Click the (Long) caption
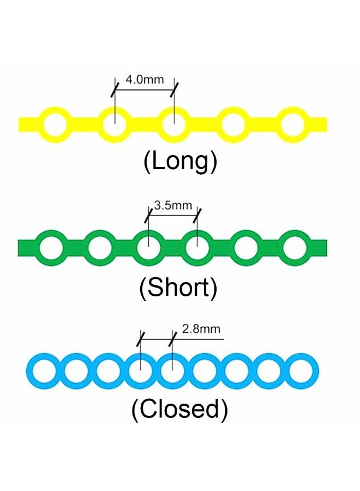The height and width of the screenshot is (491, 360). pyautogui.click(x=180, y=161)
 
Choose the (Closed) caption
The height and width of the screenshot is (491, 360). pyautogui.click(x=179, y=409)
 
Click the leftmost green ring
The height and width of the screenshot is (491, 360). pyautogui.click(x=50, y=248)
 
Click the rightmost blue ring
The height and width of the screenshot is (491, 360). pyautogui.click(x=301, y=372)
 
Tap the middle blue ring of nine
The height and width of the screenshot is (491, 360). pyautogui.click(x=172, y=372)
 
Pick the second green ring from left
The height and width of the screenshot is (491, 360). pyautogui.click(x=99, y=248)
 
